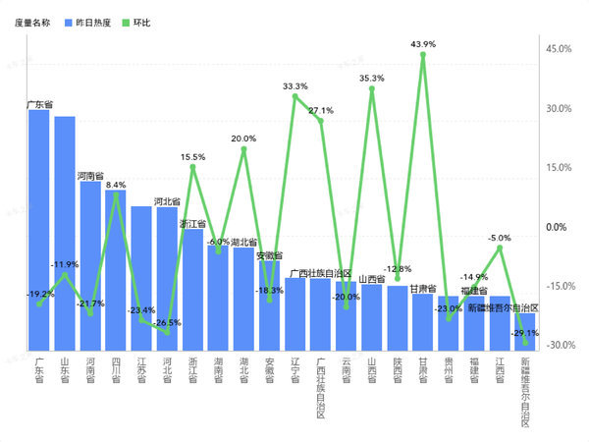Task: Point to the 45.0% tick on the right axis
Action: [x=558, y=49]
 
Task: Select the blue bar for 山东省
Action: [x=65, y=236]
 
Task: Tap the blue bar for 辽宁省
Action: [x=294, y=314]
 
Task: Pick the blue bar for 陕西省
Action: [x=397, y=318]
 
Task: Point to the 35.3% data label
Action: [x=372, y=78]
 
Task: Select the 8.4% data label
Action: [x=116, y=184]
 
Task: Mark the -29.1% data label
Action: [x=525, y=334]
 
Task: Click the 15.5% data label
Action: [x=192, y=157]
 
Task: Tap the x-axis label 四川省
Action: [x=116, y=373]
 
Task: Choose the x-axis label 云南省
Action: [x=346, y=373]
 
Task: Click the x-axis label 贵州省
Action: [x=449, y=373]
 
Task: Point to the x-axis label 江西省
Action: [x=500, y=373]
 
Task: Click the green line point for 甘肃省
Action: [x=423, y=55]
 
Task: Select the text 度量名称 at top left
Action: [x=33, y=21]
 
